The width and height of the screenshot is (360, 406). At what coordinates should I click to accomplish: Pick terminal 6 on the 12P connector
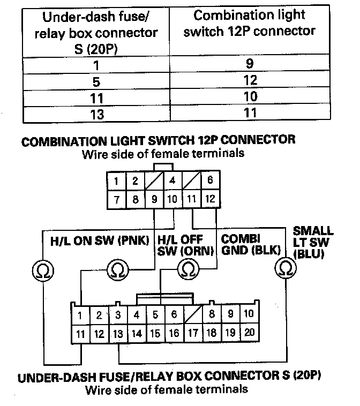pos(209,181)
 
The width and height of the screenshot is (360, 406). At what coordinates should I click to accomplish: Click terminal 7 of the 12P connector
pos(116,200)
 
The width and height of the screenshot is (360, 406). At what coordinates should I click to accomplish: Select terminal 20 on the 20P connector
pos(249,333)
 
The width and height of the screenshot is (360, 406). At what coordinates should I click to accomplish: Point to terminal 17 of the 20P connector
pos(193,333)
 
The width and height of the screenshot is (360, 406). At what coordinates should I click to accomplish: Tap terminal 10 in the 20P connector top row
pos(249,314)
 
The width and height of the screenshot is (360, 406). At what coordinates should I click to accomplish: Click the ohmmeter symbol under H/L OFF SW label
pos(187,267)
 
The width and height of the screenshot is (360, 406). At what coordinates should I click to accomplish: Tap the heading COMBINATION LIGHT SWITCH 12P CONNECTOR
pos(157,140)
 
